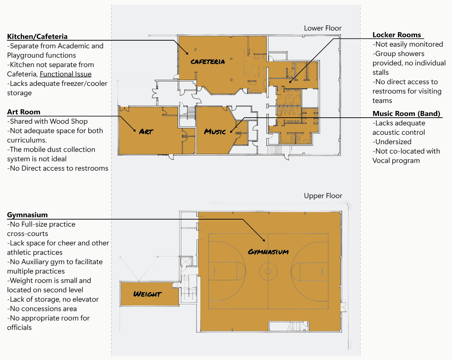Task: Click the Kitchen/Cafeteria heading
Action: pos(37,37)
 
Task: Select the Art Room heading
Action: pos(24,112)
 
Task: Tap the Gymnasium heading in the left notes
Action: pos(27,215)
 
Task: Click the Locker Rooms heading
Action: pos(397,35)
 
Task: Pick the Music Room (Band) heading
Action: pos(406,114)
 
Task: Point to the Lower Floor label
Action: pos(323,28)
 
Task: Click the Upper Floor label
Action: pos(323,196)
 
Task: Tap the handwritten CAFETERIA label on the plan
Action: pos(208,62)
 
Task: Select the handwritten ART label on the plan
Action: pos(146,132)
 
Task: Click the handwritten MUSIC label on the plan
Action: pos(215,132)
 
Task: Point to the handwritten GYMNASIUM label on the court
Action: pos(268,252)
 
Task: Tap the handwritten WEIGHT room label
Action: pos(147,294)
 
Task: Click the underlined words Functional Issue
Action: pos(66,74)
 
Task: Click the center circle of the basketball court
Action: pos(268,271)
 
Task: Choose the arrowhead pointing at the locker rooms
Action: pos(290,81)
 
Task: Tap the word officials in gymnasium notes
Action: pos(19,327)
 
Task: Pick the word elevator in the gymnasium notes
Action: pos(86,299)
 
